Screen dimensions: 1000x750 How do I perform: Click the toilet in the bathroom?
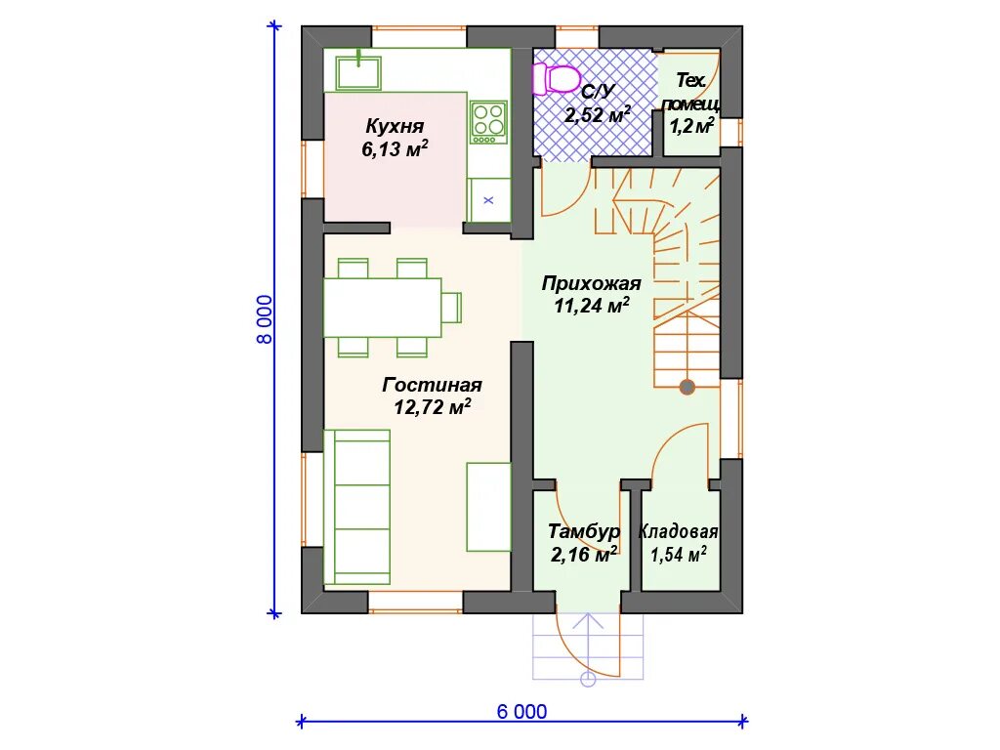coord(555,79)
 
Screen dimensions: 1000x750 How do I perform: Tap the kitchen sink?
coord(358,72)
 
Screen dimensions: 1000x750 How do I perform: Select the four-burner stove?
coord(488,122)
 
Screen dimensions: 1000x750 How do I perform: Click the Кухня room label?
coord(395,126)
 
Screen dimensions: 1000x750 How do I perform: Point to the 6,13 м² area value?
coord(395,148)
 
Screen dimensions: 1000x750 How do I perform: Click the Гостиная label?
coord(432,385)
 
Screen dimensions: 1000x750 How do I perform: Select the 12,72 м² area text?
coord(433,407)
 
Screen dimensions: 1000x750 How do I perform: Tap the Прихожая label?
coord(591,283)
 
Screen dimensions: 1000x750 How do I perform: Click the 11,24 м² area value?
coord(592,306)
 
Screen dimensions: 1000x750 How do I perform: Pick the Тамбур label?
coord(584,531)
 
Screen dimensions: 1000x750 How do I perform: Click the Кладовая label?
coord(678,531)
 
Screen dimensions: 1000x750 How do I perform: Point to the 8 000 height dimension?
coord(264,319)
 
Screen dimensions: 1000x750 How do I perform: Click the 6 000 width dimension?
coord(521,711)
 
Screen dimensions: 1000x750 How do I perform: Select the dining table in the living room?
coord(383,308)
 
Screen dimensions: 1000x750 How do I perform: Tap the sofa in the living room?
coord(356,507)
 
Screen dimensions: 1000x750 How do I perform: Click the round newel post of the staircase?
coord(687,387)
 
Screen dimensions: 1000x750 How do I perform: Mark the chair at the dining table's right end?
coord(451,308)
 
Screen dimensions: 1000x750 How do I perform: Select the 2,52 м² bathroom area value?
coord(598,115)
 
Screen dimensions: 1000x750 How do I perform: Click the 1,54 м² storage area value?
coord(678,555)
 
